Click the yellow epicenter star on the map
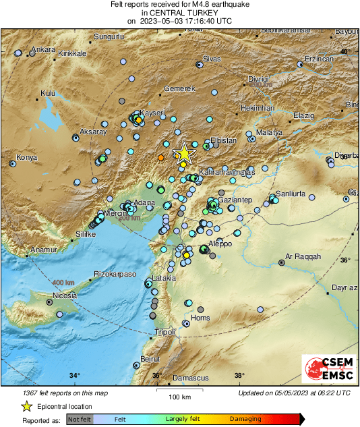click(x=183, y=154)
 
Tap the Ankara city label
click(x=44, y=49)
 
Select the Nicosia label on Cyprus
click(x=67, y=295)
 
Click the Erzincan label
click(x=320, y=59)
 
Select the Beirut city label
click(x=150, y=359)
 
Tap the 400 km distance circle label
click(x=63, y=282)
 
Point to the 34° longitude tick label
click(x=74, y=376)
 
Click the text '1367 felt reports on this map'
click(x=65, y=393)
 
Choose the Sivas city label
click(x=212, y=59)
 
